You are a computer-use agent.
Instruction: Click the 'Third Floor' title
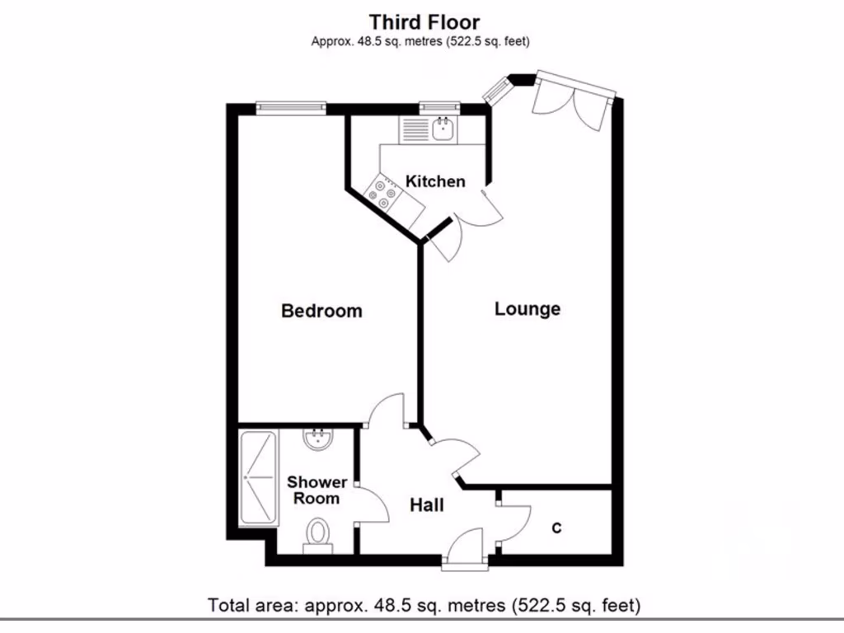coord(424,21)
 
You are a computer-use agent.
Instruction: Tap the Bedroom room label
coord(321,311)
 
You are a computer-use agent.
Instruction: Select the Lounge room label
coord(527,309)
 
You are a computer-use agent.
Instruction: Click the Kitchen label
coord(435,181)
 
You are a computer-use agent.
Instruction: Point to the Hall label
coord(427,504)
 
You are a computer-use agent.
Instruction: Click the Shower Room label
coord(316,490)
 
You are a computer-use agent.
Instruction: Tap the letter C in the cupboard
coord(556,528)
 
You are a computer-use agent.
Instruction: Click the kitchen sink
coord(443,128)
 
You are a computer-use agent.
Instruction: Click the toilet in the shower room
coord(316,536)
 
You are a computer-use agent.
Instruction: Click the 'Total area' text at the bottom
coord(424,606)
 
